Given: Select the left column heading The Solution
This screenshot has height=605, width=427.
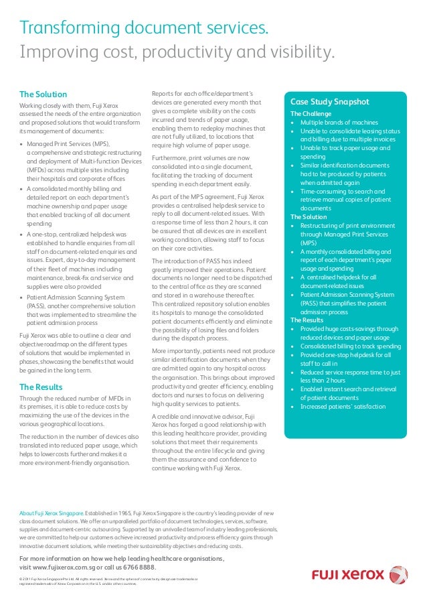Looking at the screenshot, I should click(x=43, y=94).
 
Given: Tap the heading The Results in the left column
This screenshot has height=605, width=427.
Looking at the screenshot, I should click(x=41, y=387).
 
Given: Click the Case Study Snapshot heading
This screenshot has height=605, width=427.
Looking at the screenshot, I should click(x=329, y=102).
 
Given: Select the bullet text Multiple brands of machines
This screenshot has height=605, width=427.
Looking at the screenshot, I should click(x=339, y=123).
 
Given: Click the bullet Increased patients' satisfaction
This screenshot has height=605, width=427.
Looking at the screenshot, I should click(x=343, y=406).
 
